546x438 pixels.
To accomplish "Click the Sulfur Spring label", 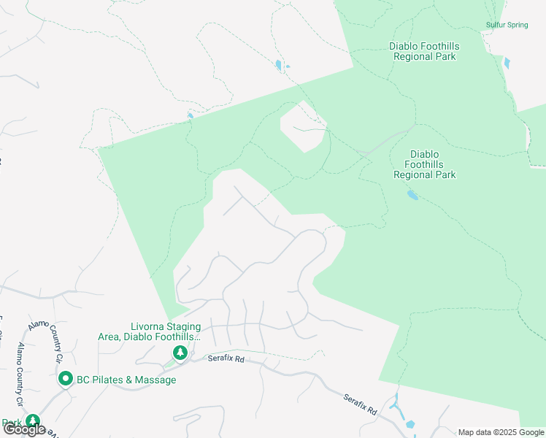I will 507,25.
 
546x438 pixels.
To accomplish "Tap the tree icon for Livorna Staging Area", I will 180,353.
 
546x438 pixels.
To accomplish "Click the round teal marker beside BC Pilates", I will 65,379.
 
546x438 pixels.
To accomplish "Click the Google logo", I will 24,430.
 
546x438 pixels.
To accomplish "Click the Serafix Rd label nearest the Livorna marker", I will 225,359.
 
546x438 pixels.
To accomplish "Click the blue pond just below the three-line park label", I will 412,195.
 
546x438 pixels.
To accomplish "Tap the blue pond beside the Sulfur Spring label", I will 507,64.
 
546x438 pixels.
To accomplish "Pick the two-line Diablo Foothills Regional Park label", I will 423,51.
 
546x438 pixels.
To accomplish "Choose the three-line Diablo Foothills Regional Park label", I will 424,164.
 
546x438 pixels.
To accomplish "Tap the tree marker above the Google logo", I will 33,421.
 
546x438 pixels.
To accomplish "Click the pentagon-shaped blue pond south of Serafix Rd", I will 409,424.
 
